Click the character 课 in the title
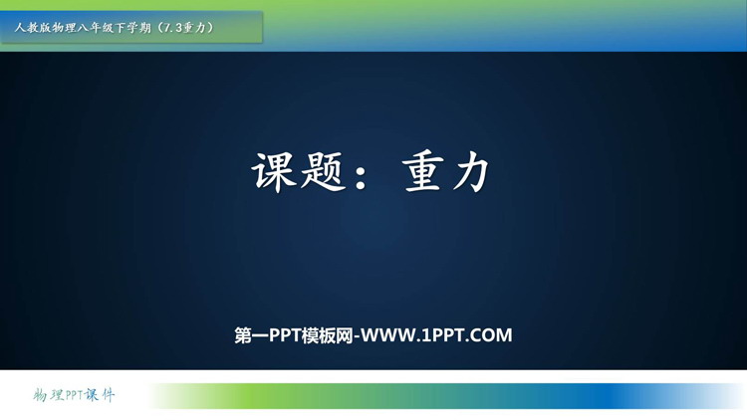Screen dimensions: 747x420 [273, 172]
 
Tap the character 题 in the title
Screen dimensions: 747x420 [323, 172]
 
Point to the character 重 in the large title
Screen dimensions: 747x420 [421, 172]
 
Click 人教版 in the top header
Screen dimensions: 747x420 [33, 28]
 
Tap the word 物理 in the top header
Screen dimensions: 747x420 [64, 28]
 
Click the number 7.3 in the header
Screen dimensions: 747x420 [173, 28]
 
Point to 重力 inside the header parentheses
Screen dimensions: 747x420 [195, 28]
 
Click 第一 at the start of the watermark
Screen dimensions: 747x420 [252, 335]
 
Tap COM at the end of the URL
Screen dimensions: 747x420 [492, 335]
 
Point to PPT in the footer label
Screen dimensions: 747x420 [74, 395]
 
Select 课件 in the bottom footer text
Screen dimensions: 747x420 [100, 395]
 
